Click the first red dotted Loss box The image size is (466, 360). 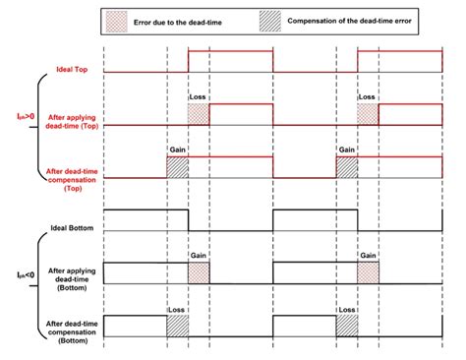click(199, 114)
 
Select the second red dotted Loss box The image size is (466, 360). click(368, 114)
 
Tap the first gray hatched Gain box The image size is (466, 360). click(177, 167)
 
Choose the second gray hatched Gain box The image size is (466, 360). click(346, 167)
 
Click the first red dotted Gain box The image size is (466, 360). click(199, 271)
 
